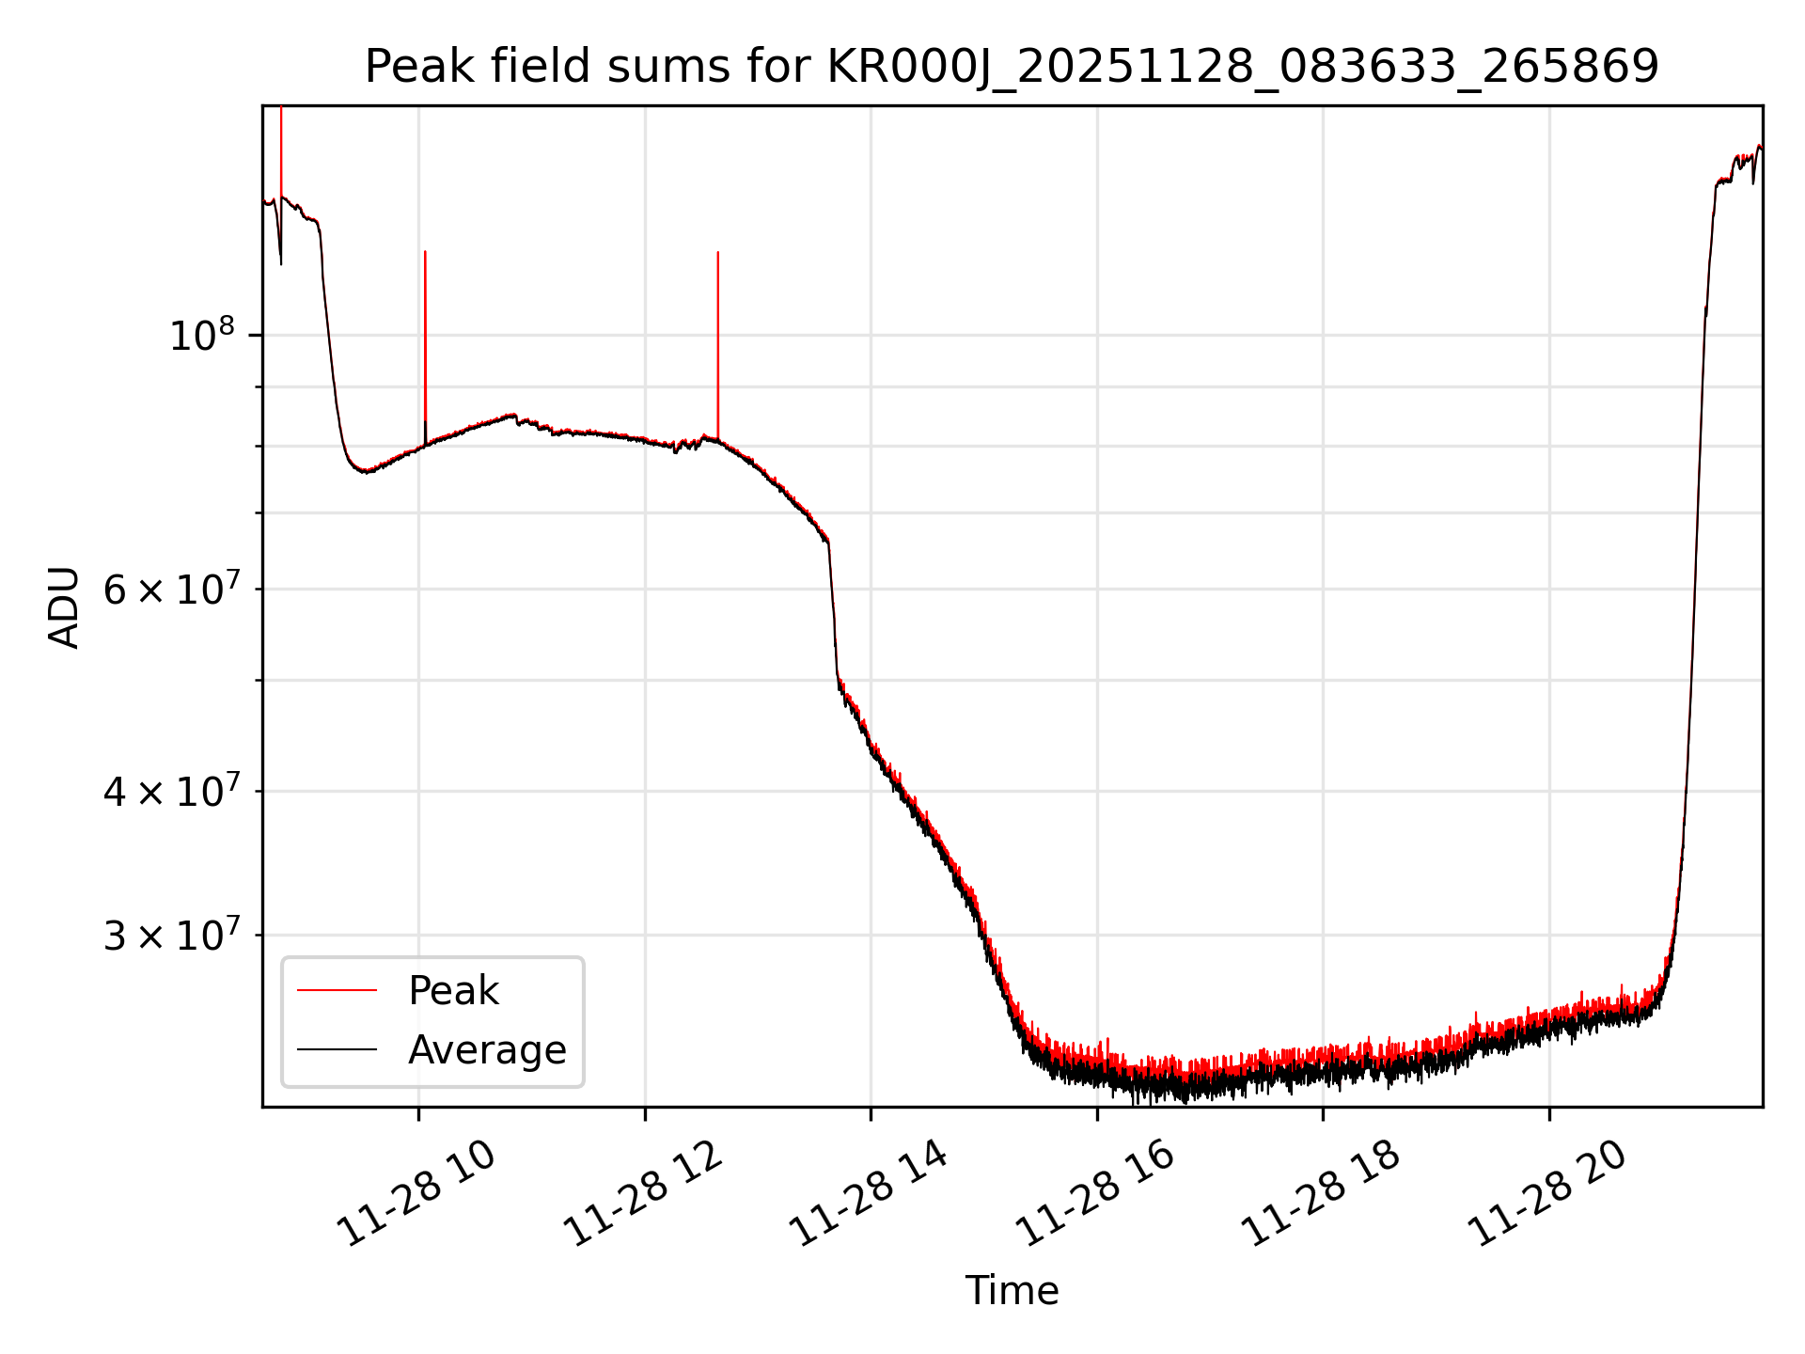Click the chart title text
[1012, 67]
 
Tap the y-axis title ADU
[64, 607]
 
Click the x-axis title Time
[1012, 1291]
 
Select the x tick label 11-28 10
[417, 1194]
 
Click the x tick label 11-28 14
[871, 1194]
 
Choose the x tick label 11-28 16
[1096, 1194]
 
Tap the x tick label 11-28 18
[1322, 1194]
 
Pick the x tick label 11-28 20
[1547, 1194]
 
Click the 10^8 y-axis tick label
[201, 336]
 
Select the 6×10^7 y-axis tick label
[170, 590]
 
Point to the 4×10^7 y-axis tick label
[170, 792]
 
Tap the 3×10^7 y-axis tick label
[170, 936]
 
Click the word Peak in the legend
[453, 991]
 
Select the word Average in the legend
[487, 1049]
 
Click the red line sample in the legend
[337, 990]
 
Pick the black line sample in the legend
[337, 1049]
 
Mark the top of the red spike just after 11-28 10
[425, 252]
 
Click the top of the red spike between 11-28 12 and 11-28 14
[718, 252]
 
